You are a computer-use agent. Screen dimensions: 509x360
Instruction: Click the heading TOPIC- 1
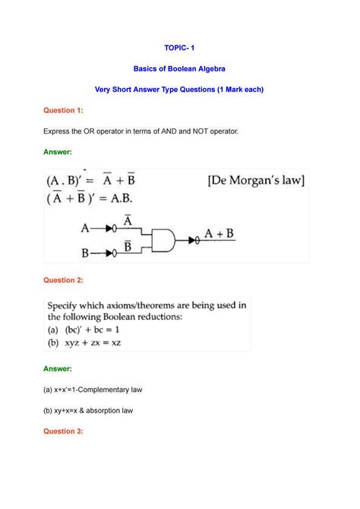pyautogui.click(x=179, y=48)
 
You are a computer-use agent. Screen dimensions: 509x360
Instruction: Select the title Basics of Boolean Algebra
pyautogui.click(x=179, y=69)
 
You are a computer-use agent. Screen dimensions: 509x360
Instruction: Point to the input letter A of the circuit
pyautogui.click(x=86, y=226)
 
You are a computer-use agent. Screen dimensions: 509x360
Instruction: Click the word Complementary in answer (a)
pyautogui.click(x=112, y=389)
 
